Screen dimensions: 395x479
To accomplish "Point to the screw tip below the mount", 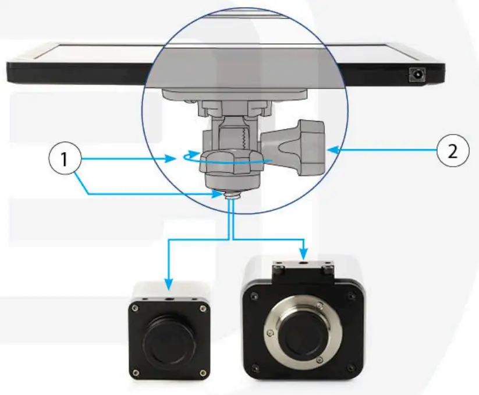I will (x=231, y=198).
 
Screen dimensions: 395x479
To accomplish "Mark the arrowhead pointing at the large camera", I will (x=304, y=255).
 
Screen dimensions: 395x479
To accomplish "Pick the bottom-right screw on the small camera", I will (x=201, y=373).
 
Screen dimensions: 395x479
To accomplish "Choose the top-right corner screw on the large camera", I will (x=352, y=296).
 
